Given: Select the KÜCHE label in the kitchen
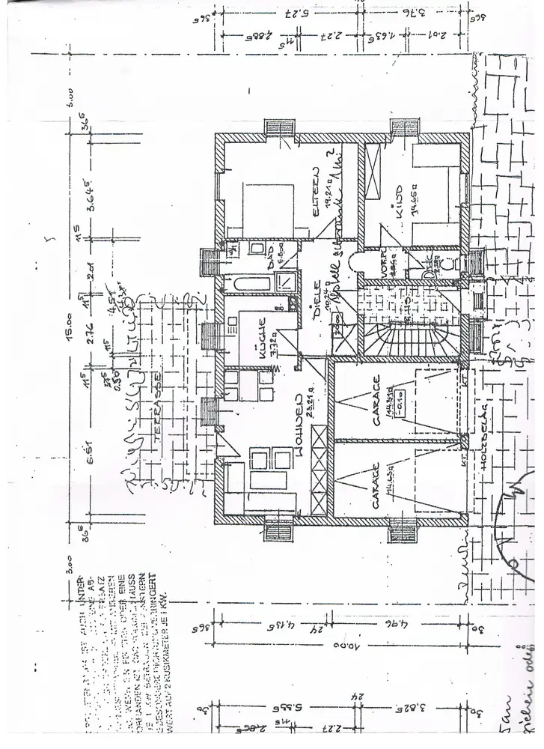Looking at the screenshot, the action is click(263, 342).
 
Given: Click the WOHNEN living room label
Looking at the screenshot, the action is click(299, 419).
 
